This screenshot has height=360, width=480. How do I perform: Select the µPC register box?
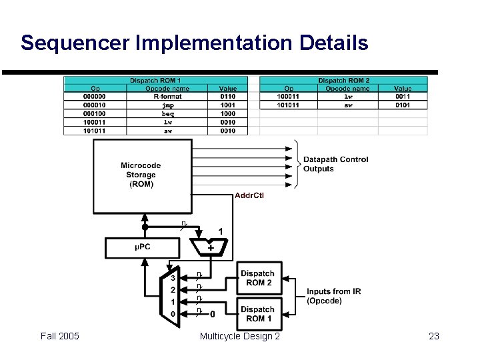143,248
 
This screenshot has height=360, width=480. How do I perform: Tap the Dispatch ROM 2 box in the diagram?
257,278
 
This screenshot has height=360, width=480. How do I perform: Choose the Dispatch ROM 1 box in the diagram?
257,314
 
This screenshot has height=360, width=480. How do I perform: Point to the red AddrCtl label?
249,195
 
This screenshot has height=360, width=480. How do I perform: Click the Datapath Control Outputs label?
335,164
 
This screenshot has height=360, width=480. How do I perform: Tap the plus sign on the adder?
211,247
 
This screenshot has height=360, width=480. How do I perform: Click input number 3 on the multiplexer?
173,278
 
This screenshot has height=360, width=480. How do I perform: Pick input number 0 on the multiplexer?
173,314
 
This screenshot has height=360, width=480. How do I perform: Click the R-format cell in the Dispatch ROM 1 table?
167,97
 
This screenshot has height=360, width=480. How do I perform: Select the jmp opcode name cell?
167,105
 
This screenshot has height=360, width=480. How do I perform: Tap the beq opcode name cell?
167,114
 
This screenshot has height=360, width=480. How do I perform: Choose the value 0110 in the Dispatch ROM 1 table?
228,97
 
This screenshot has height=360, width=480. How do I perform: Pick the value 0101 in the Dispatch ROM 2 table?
403,105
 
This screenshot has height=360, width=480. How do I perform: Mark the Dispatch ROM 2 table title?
343,81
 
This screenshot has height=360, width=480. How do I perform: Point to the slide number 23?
434,336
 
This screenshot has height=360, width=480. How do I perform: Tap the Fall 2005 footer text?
59,336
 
